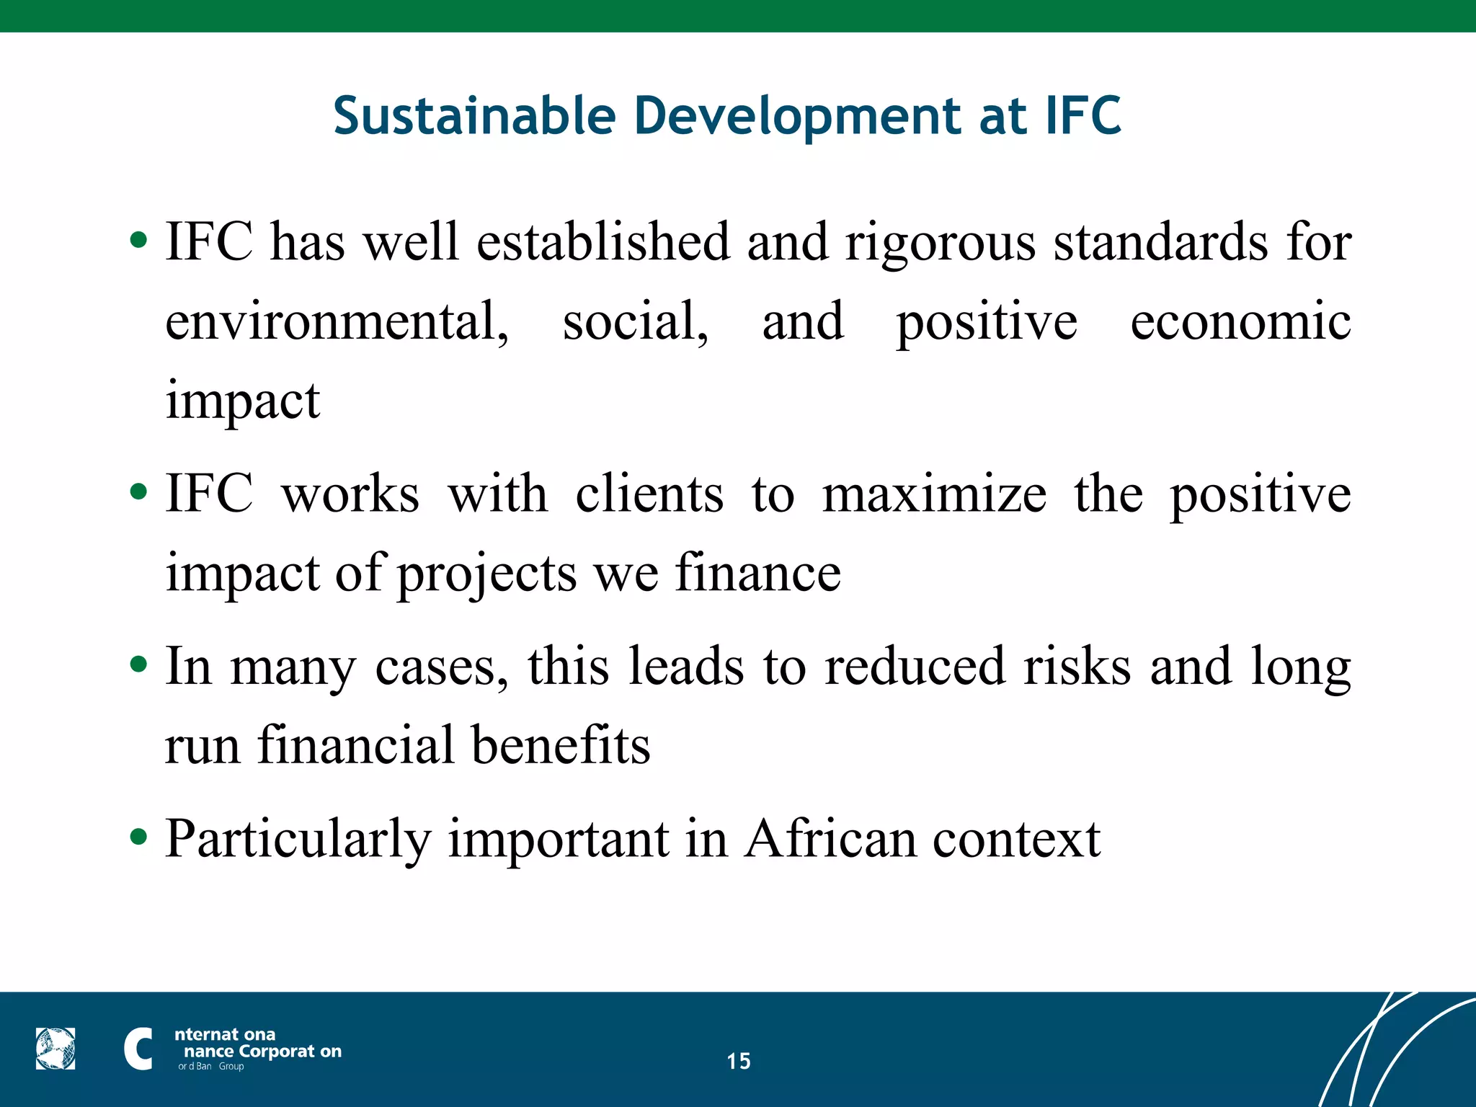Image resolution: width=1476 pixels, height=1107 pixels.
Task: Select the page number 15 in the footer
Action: click(x=738, y=1061)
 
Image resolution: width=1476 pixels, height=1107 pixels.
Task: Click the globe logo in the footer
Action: click(x=55, y=1049)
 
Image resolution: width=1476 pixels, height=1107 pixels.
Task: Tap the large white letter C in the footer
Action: click(x=138, y=1049)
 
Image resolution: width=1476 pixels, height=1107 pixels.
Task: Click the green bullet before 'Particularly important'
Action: click(x=138, y=837)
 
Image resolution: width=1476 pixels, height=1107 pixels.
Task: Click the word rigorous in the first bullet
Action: click(x=941, y=244)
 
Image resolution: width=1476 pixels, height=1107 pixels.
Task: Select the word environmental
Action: click(x=337, y=321)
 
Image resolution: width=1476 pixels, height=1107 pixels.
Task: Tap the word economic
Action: click(x=1240, y=321)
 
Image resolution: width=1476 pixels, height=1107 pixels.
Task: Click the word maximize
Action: click(x=934, y=494)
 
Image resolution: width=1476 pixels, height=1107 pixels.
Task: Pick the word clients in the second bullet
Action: click(x=649, y=494)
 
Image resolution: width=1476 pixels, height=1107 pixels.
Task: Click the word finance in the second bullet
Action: click(x=758, y=574)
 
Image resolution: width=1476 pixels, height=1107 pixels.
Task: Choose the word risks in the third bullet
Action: click(x=1077, y=666)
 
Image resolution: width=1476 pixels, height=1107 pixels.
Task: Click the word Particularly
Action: click(x=298, y=840)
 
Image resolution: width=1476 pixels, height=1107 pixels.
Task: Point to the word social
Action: click(x=635, y=321)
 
